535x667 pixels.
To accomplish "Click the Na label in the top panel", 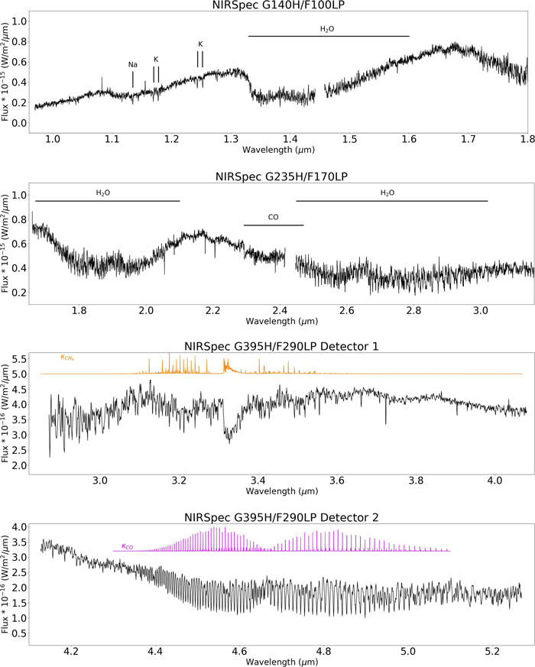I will coord(132,65).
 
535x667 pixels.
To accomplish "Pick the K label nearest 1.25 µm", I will coord(200,44).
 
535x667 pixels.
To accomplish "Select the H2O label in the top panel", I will coord(327,29).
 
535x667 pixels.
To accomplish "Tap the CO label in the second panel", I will coord(273,217).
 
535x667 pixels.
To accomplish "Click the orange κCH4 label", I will coord(68,357).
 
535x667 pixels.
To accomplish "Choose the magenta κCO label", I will coord(128,546).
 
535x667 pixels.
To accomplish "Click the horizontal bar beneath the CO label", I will coord(274,225).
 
